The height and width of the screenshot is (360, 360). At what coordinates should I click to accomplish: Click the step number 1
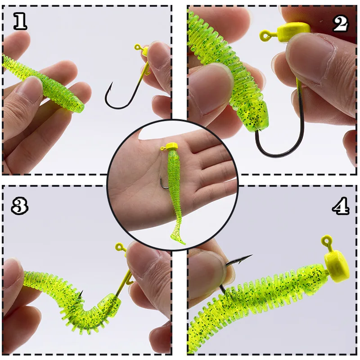20,21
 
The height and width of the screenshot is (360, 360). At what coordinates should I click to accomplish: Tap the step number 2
341,23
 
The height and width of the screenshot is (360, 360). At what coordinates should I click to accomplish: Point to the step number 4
340,206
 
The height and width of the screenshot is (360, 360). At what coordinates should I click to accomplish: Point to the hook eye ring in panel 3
120,247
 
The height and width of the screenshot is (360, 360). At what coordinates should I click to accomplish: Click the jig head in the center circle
172,146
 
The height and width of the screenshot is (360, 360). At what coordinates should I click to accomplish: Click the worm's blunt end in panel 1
79,108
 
